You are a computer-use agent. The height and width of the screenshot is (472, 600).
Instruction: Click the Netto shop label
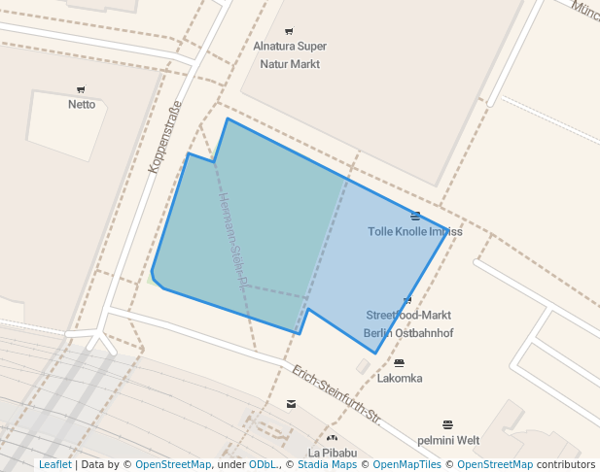82,104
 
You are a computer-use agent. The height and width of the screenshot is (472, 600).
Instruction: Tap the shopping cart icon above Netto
81,89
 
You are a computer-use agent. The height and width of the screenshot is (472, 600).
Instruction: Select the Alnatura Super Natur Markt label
290,55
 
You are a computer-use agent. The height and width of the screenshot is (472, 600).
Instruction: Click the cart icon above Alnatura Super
289,32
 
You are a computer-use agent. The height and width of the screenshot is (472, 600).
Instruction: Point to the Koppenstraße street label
164,137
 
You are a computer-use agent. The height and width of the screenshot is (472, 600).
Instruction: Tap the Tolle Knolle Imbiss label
415,231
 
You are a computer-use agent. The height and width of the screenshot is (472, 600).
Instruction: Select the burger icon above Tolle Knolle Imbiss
415,216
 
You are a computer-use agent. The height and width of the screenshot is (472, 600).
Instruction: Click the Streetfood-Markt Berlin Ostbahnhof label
408,324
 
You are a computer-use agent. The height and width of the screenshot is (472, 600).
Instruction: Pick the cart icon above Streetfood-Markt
407,299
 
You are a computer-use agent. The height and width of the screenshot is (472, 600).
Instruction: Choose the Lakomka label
400,378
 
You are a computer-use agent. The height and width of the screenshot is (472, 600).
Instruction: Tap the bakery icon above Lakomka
399,363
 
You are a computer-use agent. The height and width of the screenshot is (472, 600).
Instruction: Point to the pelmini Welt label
447,440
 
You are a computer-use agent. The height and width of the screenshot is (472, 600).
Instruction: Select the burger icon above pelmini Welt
447,424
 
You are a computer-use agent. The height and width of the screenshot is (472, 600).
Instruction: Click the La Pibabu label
333,453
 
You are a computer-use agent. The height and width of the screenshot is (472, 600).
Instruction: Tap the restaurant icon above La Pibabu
333,438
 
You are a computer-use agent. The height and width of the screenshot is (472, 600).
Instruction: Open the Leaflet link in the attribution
54,464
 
